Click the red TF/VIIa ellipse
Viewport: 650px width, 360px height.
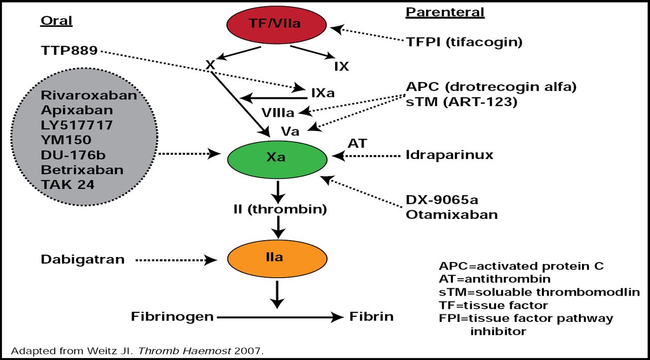pos(277,23)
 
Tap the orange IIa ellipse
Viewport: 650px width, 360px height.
pos(277,257)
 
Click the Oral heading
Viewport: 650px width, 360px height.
pos(56,21)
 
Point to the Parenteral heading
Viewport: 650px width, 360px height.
pos(445,12)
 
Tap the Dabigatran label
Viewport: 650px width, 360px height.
pos(83,259)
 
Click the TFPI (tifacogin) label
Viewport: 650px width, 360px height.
pos(464,42)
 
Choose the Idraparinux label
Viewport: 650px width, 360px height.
pos(449,154)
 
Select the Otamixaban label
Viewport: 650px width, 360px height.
pos(451,214)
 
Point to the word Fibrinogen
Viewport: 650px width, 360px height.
pos(172,317)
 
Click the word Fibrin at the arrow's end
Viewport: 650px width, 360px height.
pos(371,317)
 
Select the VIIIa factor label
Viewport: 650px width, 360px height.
pos(278,112)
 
